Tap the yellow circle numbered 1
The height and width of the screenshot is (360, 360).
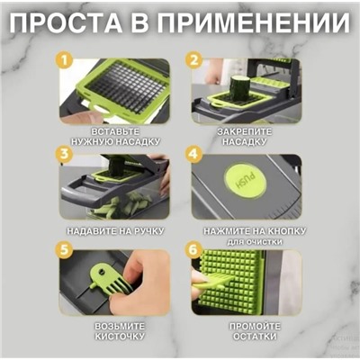click(63, 61)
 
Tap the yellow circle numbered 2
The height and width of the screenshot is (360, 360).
click(193, 61)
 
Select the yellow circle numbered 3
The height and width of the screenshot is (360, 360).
click(63, 155)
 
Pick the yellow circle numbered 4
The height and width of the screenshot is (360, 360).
click(193, 155)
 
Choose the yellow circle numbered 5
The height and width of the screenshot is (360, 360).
click(63, 247)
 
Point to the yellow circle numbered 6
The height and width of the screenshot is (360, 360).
click(193, 247)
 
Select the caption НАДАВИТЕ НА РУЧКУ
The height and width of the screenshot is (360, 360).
click(114, 231)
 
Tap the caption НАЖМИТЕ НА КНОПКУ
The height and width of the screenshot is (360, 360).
click(243, 231)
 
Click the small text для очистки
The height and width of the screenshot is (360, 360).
click(243, 242)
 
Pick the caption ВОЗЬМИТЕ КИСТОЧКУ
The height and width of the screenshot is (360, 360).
click(114, 329)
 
